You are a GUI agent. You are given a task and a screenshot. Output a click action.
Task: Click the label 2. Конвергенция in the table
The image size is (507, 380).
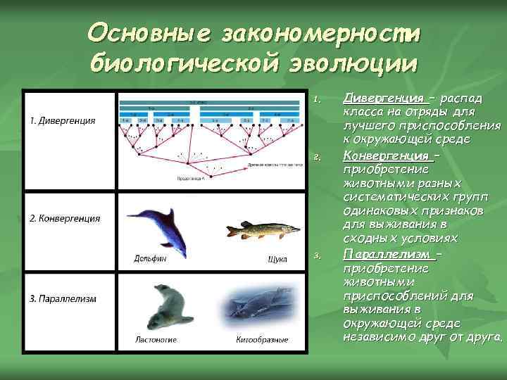(65, 218)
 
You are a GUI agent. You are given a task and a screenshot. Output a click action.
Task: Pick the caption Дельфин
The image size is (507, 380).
(150, 258)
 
